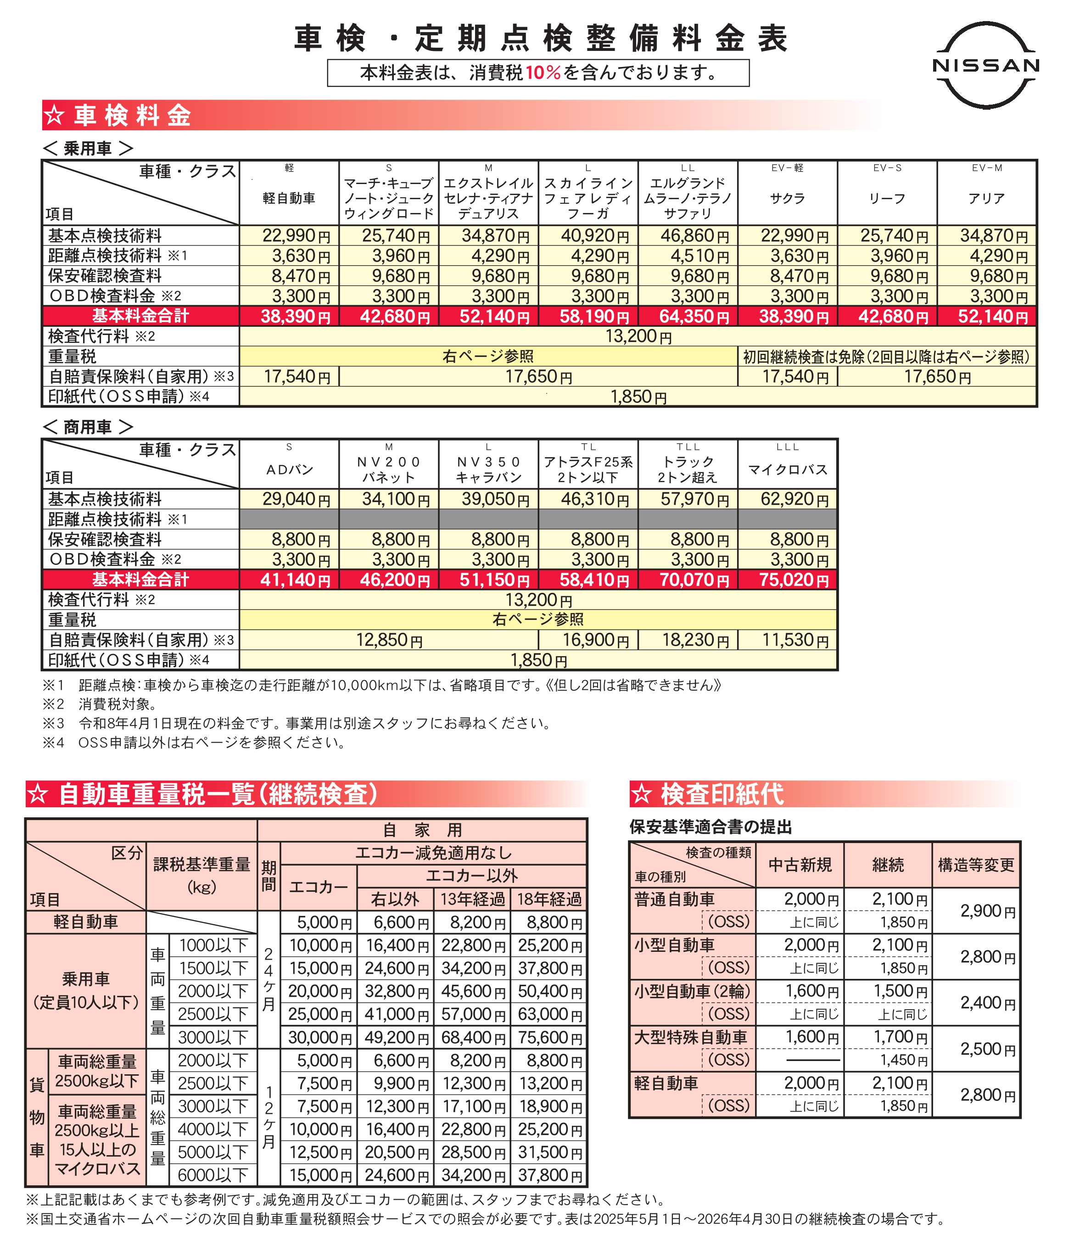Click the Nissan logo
(986, 65)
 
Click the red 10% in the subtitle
(543, 73)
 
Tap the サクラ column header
(787, 198)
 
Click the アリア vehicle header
(986, 198)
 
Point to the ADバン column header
(289, 469)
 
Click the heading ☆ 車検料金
(118, 115)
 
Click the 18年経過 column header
(549, 899)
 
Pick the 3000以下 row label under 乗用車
(213, 1037)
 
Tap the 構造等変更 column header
(976, 865)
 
